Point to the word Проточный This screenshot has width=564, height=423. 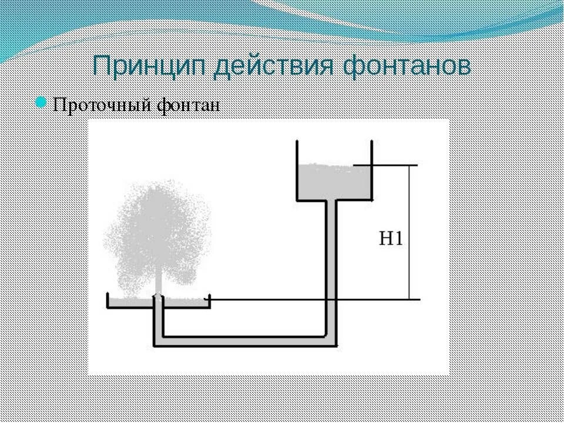(100, 105)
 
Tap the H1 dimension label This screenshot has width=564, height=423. (391, 239)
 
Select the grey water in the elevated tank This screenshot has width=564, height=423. (333, 182)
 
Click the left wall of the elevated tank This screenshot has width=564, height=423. (297, 170)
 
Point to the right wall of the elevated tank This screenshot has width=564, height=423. (371, 170)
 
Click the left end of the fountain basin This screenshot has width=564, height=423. (108, 301)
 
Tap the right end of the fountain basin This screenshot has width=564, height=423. (209, 301)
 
